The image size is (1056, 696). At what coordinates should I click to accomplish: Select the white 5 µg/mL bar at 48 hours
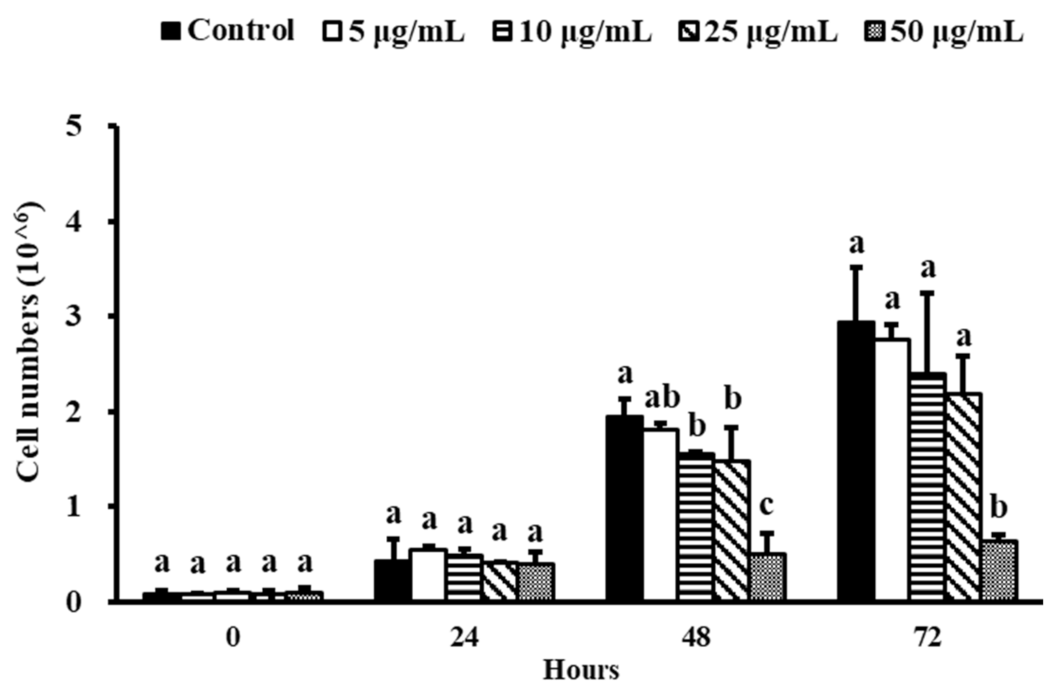coord(660,515)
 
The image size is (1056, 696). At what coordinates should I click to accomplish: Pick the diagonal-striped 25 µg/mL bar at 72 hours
coord(964,497)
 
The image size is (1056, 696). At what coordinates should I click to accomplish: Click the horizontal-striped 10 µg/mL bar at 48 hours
coord(696,526)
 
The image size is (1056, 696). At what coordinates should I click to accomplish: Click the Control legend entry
coord(230,30)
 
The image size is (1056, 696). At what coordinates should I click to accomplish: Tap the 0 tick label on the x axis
coord(233,638)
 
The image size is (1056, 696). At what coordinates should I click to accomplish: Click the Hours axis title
coord(581,670)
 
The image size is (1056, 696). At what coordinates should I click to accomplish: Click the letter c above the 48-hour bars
coord(767,506)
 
